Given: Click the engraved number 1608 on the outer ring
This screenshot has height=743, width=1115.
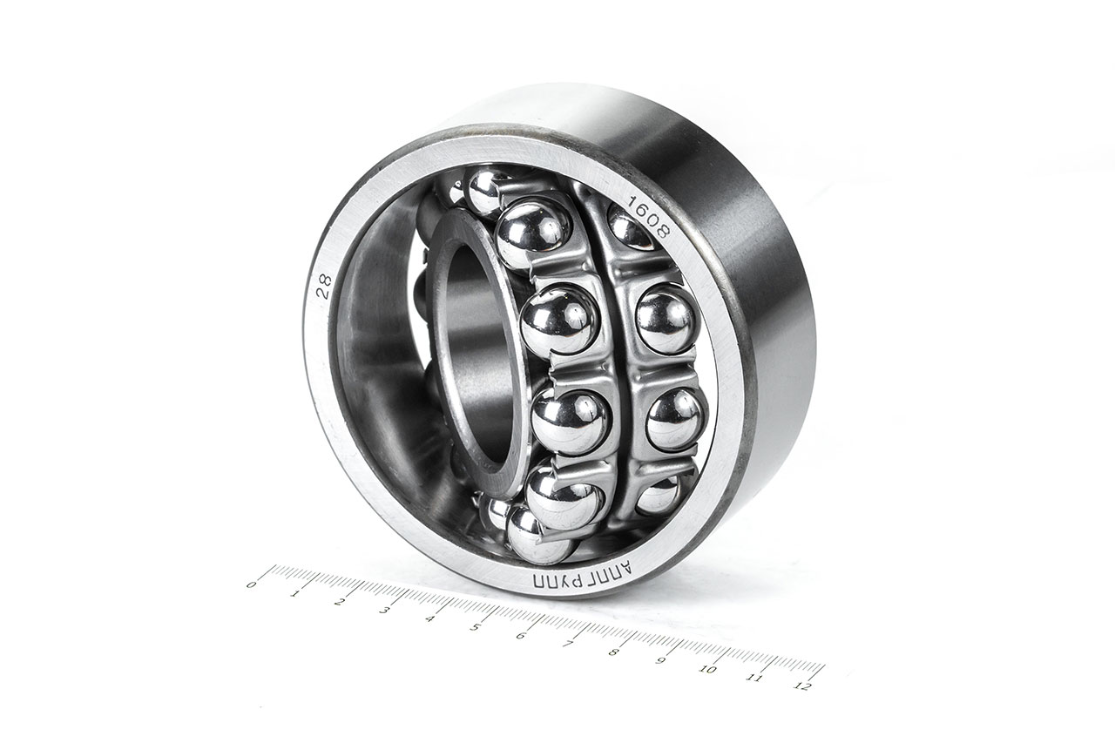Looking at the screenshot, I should point(650,219).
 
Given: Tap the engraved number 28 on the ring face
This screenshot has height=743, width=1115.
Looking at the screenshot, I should point(324,287).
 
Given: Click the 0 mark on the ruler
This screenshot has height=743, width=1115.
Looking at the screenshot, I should point(252,584).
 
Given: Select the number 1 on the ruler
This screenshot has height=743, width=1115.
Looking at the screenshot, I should point(296,593).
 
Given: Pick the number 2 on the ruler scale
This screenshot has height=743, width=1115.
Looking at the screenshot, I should point(340,601).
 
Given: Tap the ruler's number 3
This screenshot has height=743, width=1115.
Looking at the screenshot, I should point(384,610).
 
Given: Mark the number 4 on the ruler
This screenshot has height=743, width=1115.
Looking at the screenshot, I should point(429,618).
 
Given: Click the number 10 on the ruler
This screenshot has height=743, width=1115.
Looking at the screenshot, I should point(707,670).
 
